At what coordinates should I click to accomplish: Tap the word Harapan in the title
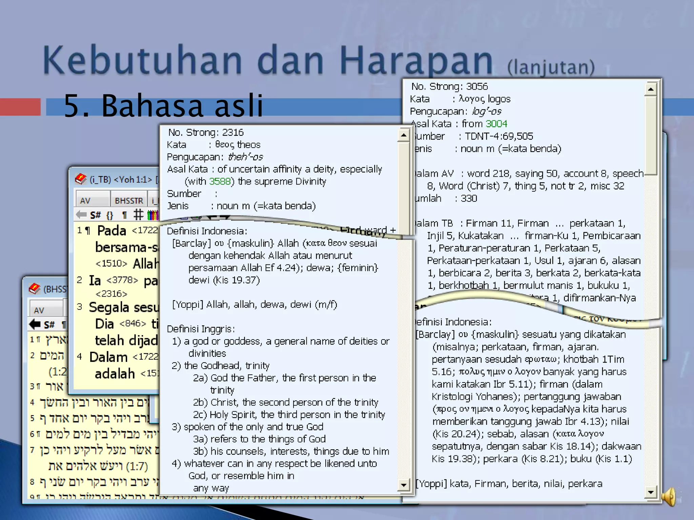point(416,60)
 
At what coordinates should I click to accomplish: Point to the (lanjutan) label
point(551,67)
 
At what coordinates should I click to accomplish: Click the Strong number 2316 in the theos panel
point(233,132)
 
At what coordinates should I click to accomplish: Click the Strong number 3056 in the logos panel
point(477,87)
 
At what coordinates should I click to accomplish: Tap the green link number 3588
point(220,181)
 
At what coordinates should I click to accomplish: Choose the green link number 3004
point(496,124)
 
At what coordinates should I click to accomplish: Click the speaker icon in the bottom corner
point(669,497)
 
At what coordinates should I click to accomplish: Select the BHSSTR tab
point(129,201)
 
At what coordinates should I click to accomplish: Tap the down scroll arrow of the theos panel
point(404,485)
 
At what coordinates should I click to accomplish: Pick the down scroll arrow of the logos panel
point(651,492)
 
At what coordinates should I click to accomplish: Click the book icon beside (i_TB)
point(81,179)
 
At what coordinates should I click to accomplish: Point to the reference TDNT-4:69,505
point(499,136)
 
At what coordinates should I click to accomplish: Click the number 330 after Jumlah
point(469,198)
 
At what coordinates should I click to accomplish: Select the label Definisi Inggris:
point(201,329)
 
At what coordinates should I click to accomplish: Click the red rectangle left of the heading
point(20,107)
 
